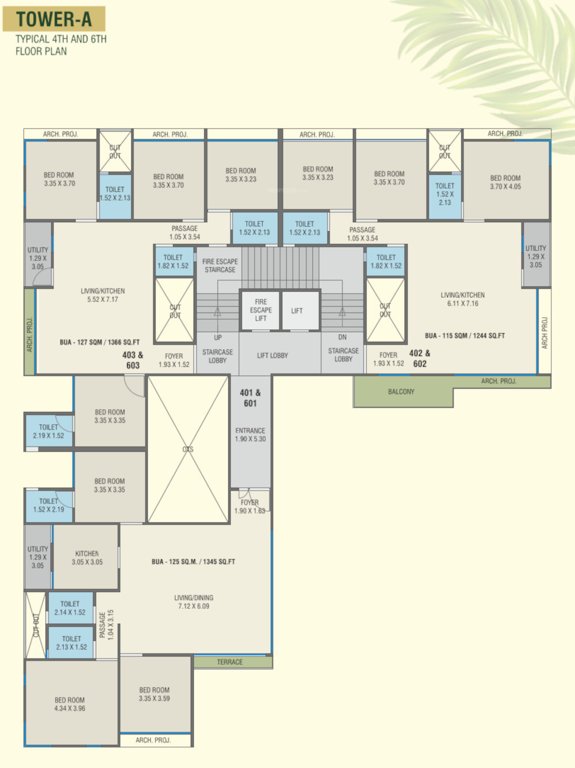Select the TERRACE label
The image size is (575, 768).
coord(230,662)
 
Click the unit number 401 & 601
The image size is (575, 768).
coord(250,398)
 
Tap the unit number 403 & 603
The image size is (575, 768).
coord(133,360)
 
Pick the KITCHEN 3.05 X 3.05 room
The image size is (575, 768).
coord(87,557)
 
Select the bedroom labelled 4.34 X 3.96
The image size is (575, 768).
coord(70,703)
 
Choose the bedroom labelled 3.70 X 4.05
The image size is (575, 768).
coord(505,182)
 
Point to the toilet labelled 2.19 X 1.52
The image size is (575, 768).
coord(48,431)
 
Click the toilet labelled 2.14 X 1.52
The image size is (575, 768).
coord(70,608)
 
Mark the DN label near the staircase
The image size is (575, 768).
coord(341,337)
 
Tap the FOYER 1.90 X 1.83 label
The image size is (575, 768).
coord(249,506)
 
